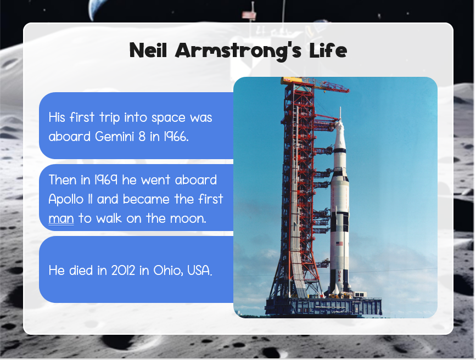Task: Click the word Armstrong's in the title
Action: coord(238,51)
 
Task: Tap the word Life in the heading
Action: coord(328,50)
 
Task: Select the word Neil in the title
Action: coord(148,50)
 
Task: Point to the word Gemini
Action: coord(114,137)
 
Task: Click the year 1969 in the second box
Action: coord(105,180)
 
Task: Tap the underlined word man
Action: coord(61,219)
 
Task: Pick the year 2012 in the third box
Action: coord(123,271)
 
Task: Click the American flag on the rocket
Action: coord(339,244)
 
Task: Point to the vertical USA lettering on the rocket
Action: coord(339,276)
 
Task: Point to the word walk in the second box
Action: coord(109,218)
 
